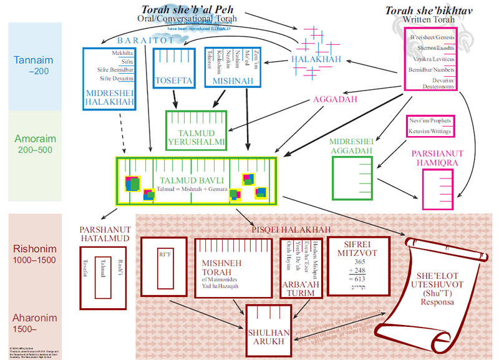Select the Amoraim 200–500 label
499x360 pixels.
pyautogui.click(x=34, y=144)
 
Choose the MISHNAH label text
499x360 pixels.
pyautogui.click(x=232, y=80)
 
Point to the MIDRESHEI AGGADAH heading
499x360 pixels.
pyautogui.click(x=351, y=147)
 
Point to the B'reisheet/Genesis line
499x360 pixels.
pyautogui.click(x=430, y=38)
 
